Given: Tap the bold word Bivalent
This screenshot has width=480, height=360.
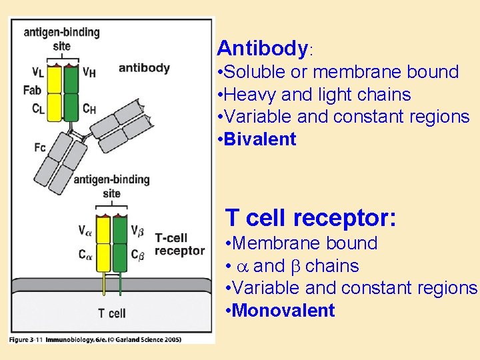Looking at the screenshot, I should pos(261,139).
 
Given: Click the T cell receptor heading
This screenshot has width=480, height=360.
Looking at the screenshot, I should pos(311,218).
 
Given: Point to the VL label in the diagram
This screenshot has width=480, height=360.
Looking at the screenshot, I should pos(38,71).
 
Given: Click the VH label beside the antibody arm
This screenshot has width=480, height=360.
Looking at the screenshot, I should pos(89,71).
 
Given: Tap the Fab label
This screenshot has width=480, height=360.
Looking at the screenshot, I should pos(33,90).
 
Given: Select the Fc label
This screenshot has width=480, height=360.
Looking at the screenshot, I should pos(40,147).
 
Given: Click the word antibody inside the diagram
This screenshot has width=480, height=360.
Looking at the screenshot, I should pos(144,68).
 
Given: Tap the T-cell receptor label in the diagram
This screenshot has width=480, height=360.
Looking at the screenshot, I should pos(179,245).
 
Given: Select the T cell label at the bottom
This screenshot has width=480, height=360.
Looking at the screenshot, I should pos(111,313).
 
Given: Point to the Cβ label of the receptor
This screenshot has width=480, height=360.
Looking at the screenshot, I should pos(138,254).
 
